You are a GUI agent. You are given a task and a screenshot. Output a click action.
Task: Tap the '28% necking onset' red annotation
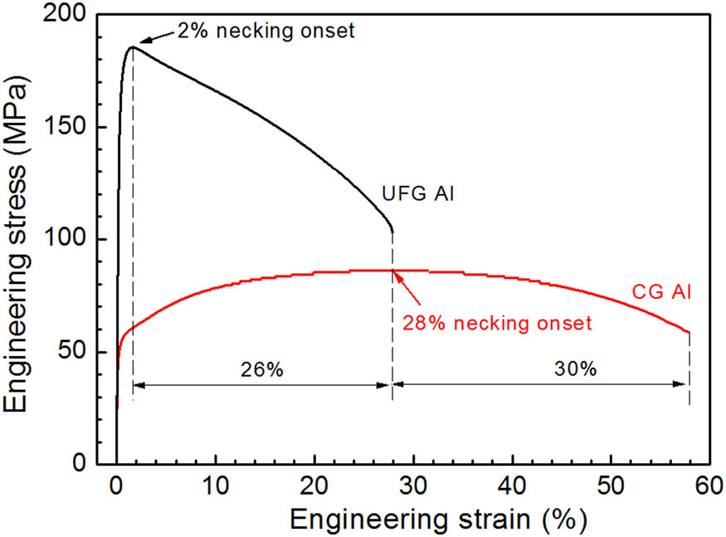[x=497, y=323]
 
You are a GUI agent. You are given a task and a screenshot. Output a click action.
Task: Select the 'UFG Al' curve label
[x=419, y=194]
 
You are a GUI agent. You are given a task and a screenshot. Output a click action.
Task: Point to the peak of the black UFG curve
[x=132, y=46]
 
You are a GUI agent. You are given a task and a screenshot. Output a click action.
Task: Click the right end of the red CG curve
[x=689, y=333]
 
